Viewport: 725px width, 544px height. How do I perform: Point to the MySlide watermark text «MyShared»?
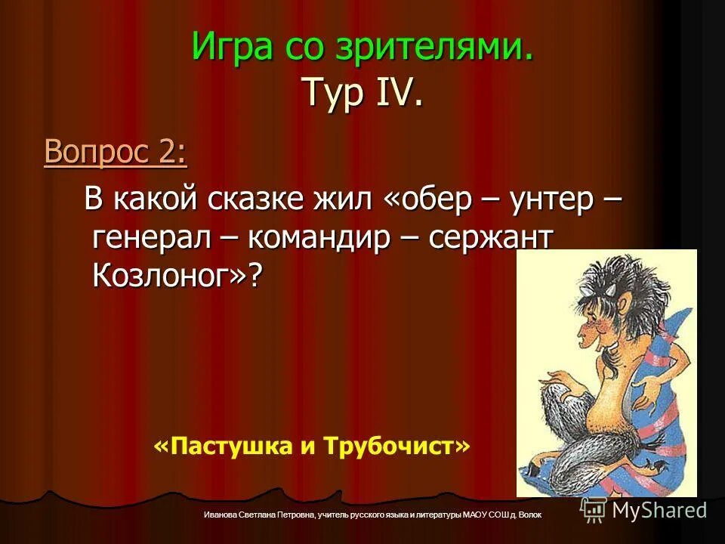(659, 510)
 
